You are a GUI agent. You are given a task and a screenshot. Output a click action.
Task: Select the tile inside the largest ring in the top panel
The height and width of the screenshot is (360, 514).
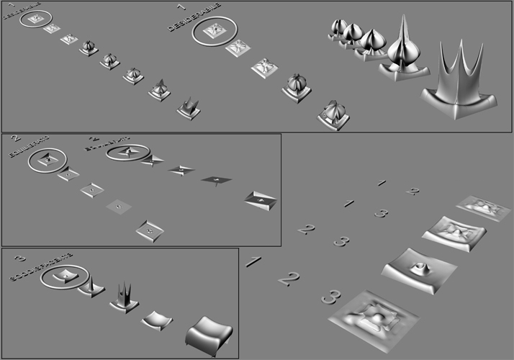click(215, 30)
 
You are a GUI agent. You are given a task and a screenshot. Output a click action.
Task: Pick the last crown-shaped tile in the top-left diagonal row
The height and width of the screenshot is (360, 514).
click(189, 108)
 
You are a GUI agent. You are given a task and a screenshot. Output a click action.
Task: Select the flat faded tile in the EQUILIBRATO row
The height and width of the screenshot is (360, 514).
click(120, 207)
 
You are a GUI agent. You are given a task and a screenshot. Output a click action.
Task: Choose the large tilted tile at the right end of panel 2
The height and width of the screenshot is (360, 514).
click(261, 199)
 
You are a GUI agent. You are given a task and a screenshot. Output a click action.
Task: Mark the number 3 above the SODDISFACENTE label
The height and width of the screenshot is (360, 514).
click(20, 258)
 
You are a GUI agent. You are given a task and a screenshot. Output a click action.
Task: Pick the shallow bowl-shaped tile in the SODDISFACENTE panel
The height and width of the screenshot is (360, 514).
click(157, 320)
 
